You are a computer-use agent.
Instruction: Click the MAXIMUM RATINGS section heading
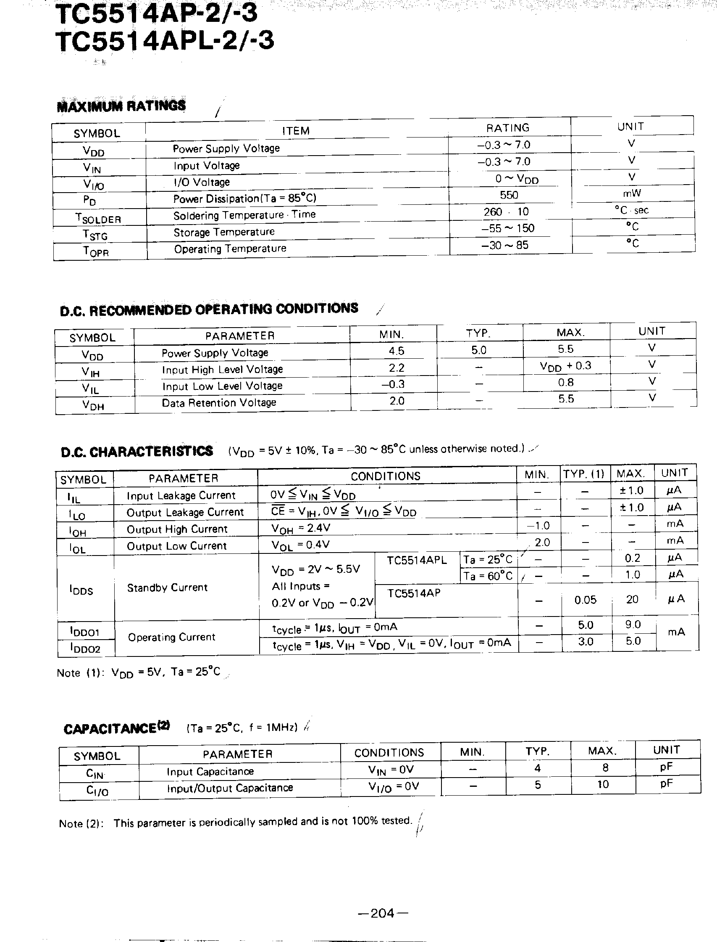tap(121, 106)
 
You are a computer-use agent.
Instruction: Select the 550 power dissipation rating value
tap(509, 195)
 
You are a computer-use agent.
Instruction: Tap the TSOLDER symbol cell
tap(98, 218)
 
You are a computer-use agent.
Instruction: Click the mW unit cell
tap(632, 193)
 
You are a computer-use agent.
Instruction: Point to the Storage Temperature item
tap(223, 232)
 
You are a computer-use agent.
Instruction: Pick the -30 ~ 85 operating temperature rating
tap(504, 245)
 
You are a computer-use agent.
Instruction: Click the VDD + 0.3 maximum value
tap(565, 366)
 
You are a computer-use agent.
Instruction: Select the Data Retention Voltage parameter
tap(218, 403)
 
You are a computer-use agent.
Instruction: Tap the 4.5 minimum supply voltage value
tap(396, 351)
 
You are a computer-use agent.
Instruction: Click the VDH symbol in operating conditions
tap(93, 405)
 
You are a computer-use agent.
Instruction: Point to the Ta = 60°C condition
tap(488, 576)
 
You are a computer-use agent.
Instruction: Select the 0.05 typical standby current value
tap(585, 600)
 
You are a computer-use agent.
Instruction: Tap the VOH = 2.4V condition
tap(300, 529)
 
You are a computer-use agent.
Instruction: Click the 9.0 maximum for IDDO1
tap(633, 624)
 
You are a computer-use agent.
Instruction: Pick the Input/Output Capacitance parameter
tap(230, 788)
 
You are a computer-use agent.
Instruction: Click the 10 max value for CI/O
tap(603, 784)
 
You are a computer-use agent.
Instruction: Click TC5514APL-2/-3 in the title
tap(165, 41)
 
